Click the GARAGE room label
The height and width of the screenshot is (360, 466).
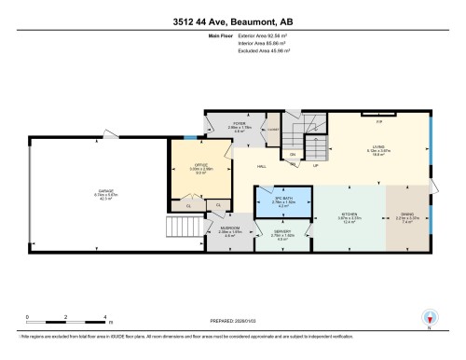tap(106, 191)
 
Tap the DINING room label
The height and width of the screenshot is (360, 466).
tap(407, 214)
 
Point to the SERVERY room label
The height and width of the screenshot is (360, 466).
tap(282, 231)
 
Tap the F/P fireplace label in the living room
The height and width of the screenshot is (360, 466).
tap(378, 121)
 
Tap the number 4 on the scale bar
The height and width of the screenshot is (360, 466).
tap(107, 318)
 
